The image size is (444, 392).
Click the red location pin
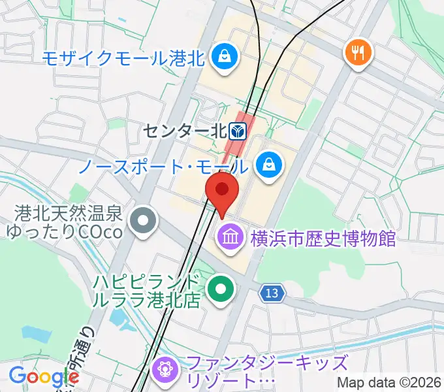pyautogui.click(x=222, y=191)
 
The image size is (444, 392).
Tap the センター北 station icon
pyautogui.click(x=240, y=131)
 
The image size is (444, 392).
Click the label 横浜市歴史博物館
pyautogui.click(x=323, y=237)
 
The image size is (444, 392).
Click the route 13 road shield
pyautogui.click(x=274, y=295)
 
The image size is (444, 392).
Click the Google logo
pyautogui.click(x=43, y=376)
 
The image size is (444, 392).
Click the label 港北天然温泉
pyautogui.click(x=69, y=213)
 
